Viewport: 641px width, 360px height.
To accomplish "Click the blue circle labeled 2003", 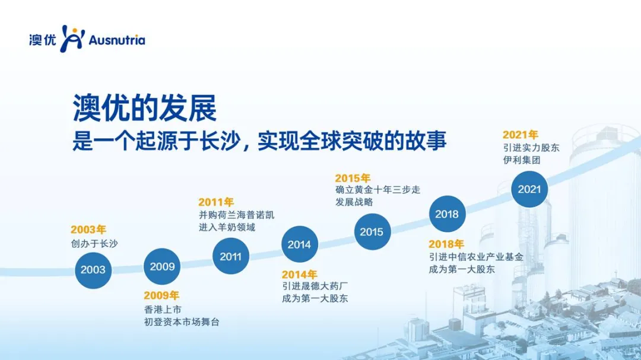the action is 93,270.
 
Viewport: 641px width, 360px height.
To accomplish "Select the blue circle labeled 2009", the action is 162,266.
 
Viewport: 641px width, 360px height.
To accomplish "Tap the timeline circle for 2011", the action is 230,256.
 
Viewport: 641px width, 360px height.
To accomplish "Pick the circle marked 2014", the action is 299,244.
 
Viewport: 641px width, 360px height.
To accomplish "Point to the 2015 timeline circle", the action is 372,232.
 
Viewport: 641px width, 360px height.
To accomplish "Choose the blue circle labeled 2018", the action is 448,214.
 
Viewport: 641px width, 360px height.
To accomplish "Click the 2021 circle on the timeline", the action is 529,189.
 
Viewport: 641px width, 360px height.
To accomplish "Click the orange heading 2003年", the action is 88,230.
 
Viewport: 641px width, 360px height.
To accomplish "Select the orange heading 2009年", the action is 161,295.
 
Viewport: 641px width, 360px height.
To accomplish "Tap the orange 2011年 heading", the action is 216,202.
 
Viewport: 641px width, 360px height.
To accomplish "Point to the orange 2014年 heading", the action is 300,275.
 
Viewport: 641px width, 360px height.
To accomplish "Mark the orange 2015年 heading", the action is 353,178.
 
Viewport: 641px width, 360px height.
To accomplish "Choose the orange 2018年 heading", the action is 446,244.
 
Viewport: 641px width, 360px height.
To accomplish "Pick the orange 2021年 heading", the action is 521,135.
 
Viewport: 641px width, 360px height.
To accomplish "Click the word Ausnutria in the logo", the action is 116,40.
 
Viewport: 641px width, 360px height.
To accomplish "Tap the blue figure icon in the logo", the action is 72,39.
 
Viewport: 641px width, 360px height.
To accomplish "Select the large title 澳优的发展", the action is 145,109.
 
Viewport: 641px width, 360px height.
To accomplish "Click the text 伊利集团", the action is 522,160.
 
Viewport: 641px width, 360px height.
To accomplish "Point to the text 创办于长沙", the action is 94,244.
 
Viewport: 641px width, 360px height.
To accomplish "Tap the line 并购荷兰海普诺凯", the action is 236,215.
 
